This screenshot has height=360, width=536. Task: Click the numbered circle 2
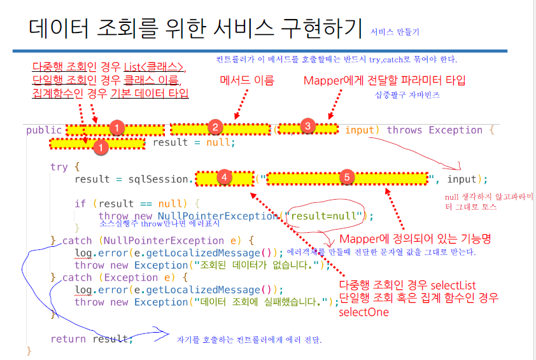[215, 127]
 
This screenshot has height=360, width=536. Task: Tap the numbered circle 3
[307, 126]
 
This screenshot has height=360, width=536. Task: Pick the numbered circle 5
[346, 177]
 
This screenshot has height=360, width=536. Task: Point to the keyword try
[59, 167]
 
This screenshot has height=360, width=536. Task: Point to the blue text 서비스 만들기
[395, 31]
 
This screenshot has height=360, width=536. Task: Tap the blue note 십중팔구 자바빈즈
[408, 95]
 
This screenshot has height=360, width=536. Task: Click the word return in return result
[69, 339]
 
